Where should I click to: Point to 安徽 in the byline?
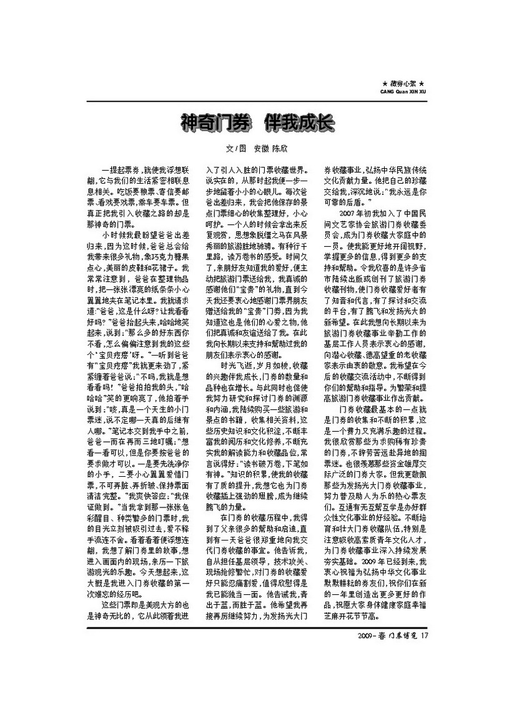(x=261, y=150)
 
